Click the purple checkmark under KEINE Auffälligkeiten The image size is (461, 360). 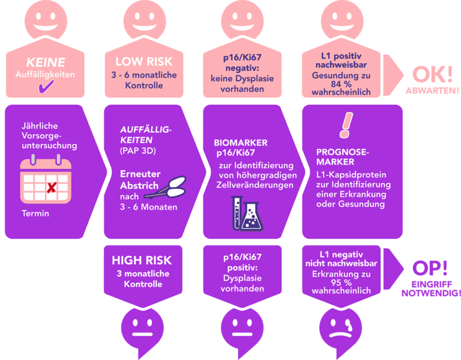pos(45,88)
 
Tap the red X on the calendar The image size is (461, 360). pos(52,188)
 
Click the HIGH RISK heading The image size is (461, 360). pos(142,260)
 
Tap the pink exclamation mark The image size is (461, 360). pos(346,124)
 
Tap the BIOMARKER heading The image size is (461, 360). pos(241,143)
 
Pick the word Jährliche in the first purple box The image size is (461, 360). pos(40,127)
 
